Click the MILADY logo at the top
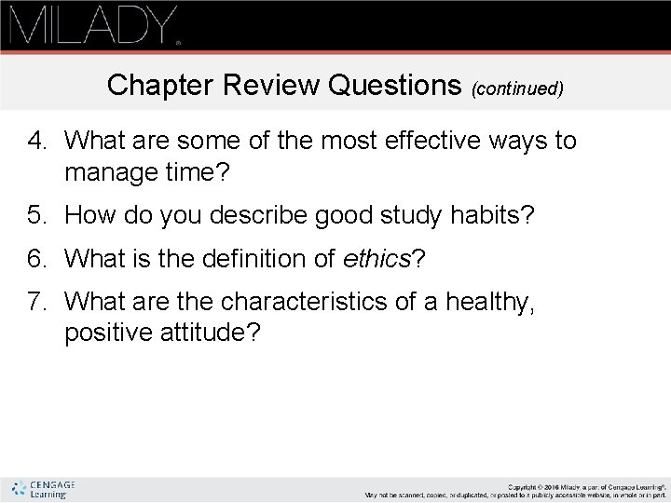coord(93,25)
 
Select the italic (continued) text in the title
coord(517,88)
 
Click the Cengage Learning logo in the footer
coord(42,489)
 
